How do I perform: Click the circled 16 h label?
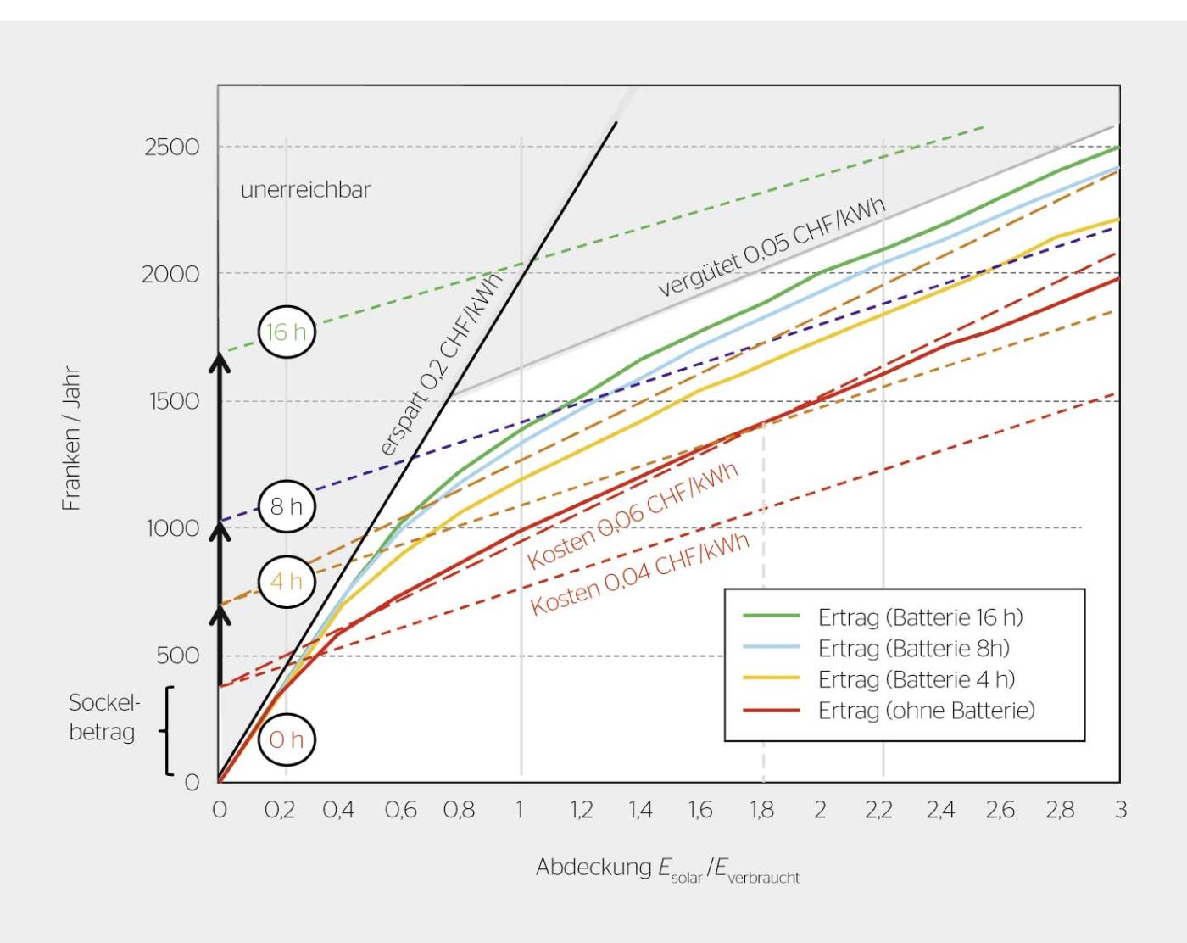coord(287,332)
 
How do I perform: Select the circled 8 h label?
coord(287,507)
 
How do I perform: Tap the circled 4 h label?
coord(287,582)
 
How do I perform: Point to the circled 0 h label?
coord(287,739)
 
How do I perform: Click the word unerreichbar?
coord(305,189)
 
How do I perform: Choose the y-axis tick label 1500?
coord(172,401)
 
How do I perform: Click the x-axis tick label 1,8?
coord(761,810)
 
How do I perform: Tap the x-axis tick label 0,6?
coord(400,810)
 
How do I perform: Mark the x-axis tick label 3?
coord(1121,810)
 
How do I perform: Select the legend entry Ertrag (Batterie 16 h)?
coord(920,617)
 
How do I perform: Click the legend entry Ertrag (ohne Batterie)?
coord(926,711)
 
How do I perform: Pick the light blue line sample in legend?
coord(771,649)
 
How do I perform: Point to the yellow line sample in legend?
coord(771,679)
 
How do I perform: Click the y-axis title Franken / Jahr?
coord(71,438)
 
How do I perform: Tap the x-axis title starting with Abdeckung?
coord(667,870)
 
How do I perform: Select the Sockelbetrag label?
coord(103,717)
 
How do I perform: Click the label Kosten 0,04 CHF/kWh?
coord(640,574)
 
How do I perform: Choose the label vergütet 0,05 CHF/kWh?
coord(772,246)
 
